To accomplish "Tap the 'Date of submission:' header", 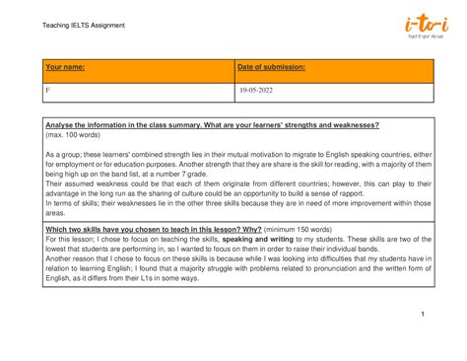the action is [x=271, y=67].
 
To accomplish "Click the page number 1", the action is [x=422, y=314].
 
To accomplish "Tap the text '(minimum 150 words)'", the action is [x=244, y=228].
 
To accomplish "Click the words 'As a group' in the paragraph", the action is [x=63, y=155].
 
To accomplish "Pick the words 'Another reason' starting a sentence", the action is [x=73, y=258].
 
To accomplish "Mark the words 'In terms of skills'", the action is [x=73, y=203].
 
